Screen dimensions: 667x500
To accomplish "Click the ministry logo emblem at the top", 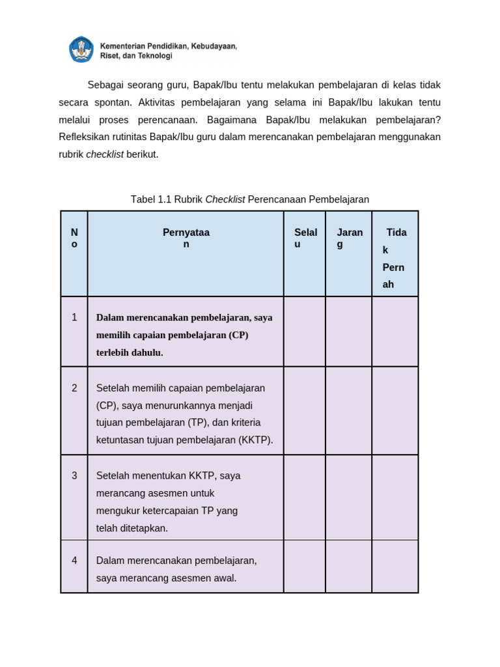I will pyautogui.click(x=81, y=50).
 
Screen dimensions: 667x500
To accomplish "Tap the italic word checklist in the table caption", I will pyautogui.click(x=225, y=199).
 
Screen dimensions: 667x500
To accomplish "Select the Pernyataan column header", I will pyautogui.click(x=186, y=238).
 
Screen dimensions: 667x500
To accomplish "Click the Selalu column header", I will pyautogui.click(x=305, y=238).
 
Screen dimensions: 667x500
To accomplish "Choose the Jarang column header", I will pyautogui.click(x=349, y=238).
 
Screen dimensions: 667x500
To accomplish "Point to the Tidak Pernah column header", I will pyautogui.click(x=395, y=258).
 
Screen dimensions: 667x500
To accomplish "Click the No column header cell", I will pyautogui.click(x=74, y=238).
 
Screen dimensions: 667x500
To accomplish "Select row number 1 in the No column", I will pyautogui.click(x=74, y=317).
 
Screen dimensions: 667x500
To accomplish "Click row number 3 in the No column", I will pyautogui.click(x=74, y=475).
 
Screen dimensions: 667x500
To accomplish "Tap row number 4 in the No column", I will pyautogui.click(x=74, y=560).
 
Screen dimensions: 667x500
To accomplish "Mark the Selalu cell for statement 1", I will pyautogui.click(x=305, y=332).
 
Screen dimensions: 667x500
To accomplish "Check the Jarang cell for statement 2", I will pyautogui.click(x=349, y=410).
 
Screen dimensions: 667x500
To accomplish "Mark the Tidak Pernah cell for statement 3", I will pyautogui.click(x=395, y=497).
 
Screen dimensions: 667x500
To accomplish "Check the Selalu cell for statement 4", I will pyautogui.click(x=305, y=566).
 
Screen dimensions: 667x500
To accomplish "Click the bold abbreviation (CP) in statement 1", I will pyautogui.click(x=238, y=335).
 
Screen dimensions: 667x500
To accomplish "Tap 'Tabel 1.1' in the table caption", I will pyautogui.click(x=150, y=199).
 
